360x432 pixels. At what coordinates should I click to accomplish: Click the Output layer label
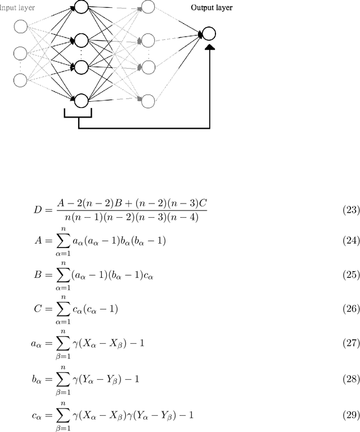pyautogui.click(x=211, y=8)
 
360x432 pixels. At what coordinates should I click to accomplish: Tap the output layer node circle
pyautogui.click(x=209, y=34)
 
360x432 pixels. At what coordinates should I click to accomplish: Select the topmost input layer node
pyautogui.click(x=20, y=26)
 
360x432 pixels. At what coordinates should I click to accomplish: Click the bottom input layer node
pyautogui.click(x=20, y=80)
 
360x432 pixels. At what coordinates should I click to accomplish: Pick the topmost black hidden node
pyautogui.click(x=81, y=8)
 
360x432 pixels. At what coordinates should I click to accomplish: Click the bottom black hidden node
pyautogui.click(x=81, y=101)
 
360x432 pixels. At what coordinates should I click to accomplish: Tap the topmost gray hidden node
pyautogui.click(x=148, y=7)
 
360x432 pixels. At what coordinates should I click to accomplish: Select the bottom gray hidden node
pyautogui.click(x=148, y=101)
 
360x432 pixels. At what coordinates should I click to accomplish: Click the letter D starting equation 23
pyautogui.click(x=38, y=210)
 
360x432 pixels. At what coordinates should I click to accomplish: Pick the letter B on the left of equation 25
pyautogui.click(x=38, y=275)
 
